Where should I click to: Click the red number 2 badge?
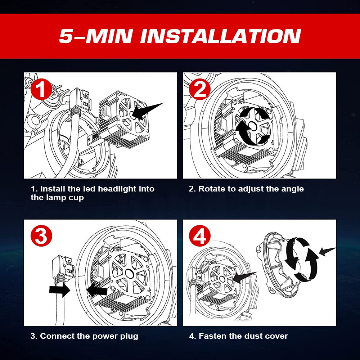(x=200, y=89)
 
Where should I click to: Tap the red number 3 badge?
(x=41, y=236)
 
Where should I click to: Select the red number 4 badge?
(x=200, y=236)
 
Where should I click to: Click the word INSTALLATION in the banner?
(x=220, y=36)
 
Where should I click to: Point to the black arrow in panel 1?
(x=147, y=111)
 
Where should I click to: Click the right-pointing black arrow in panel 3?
(x=60, y=289)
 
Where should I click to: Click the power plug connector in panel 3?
(x=63, y=267)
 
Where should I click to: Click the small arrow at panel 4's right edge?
(x=327, y=252)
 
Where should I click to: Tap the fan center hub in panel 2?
(x=252, y=126)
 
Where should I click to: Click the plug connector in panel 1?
(x=80, y=100)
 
